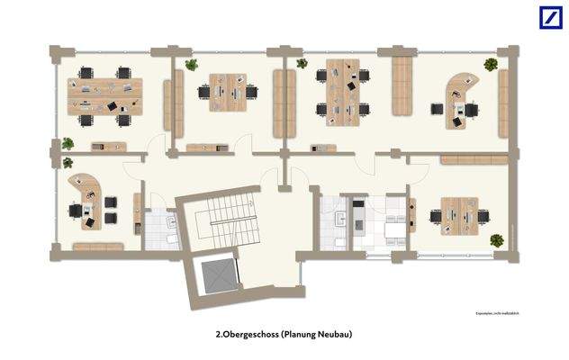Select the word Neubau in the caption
click(x=334, y=334)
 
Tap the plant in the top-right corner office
click(x=491, y=65)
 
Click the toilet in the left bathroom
click(x=172, y=240)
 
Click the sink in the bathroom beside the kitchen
click(x=340, y=219)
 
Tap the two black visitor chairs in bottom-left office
click(x=111, y=208)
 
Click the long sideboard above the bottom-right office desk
click(x=473, y=159)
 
